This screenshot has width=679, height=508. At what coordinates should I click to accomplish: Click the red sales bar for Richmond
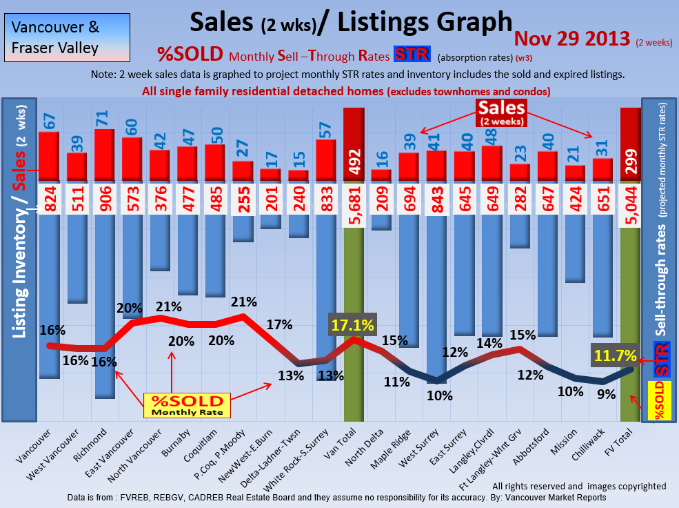(x=104, y=156)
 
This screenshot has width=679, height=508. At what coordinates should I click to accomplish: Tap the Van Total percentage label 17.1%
(x=352, y=324)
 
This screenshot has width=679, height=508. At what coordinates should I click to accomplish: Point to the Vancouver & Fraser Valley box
(x=66, y=38)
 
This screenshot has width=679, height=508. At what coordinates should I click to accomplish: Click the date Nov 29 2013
(x=571, y=38)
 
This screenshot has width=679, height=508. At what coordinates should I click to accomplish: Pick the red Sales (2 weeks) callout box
(x=502, y=113)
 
